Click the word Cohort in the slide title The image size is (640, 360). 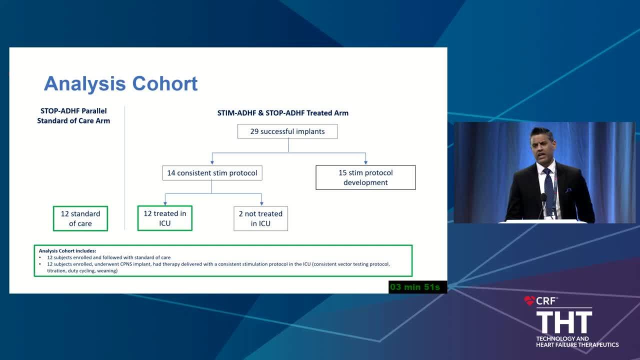165,83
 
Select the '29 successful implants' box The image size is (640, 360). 287,131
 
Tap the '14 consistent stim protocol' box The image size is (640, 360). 212,173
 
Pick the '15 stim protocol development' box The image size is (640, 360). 365,177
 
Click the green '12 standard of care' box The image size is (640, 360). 80,218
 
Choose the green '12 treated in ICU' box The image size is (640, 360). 165,218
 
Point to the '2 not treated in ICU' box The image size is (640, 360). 260,218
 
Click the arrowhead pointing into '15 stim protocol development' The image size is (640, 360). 365,162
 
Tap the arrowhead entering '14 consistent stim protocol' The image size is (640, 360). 212,162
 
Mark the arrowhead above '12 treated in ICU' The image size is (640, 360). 165,203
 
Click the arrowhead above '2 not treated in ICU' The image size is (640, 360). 261,203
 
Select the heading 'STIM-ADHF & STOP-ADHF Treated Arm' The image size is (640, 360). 283,113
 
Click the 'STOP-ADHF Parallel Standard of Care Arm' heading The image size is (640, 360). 73,115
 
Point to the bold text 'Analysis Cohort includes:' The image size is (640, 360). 67,251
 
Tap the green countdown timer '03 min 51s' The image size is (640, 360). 415,287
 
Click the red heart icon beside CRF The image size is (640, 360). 529,300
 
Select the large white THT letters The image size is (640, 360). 564,322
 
